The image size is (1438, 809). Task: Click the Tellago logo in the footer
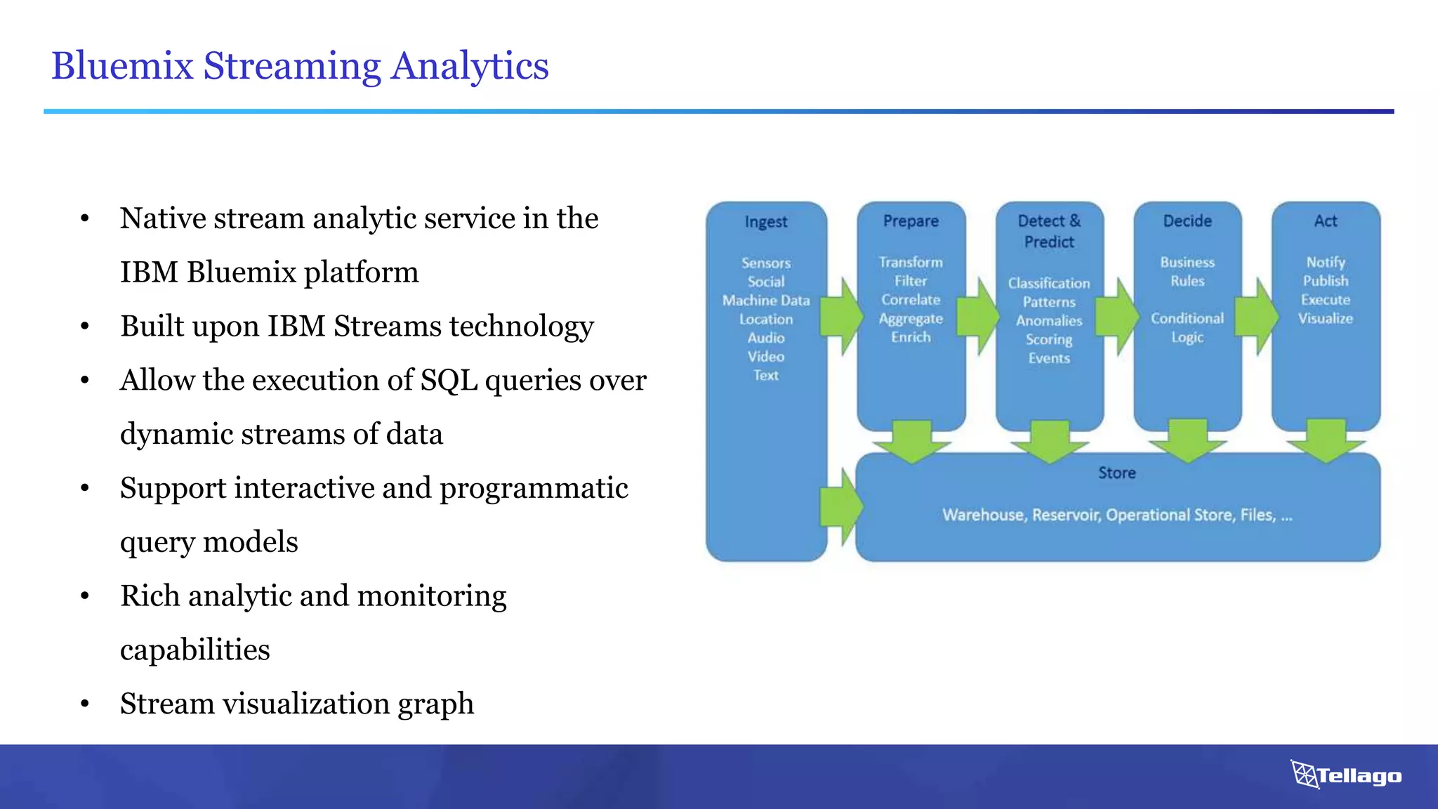tap(1345, 775)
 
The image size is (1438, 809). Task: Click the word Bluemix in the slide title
tap(122, 66)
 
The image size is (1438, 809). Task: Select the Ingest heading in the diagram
tap(765, 222)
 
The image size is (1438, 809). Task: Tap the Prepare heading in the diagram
tap(911, 221)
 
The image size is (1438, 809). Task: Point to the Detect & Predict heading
tap(1049, 231)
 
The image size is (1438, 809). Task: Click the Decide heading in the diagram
tap(1187, 221)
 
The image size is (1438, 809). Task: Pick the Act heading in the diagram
tap(1326, 221)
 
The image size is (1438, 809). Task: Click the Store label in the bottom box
tap(1116, 473)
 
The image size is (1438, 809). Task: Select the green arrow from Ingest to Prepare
tap(842, 317)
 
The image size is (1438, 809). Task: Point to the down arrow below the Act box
tap(1326, 440)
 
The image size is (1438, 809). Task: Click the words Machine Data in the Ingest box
tap(765, 301)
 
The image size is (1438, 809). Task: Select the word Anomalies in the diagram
tap(1049, 321)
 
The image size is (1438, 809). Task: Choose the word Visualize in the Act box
tap(1325, 319)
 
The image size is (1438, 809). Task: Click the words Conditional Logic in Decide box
tap(1187, 328)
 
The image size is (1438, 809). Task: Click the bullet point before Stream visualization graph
tap(85, 704)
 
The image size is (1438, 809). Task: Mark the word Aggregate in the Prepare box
tap(911, 319)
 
